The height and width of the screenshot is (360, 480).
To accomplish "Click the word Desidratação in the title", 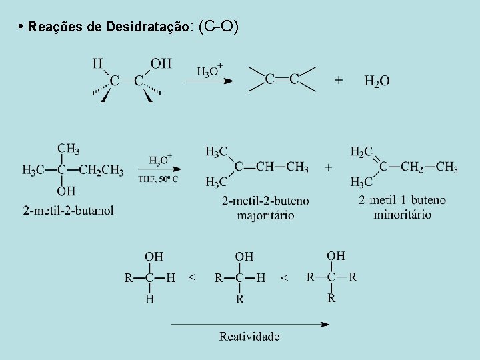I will [x=145, y=27].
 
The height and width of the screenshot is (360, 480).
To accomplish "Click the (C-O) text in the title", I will [x=219, y=27].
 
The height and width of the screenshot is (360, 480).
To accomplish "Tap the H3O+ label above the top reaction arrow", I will [x=209, y=70].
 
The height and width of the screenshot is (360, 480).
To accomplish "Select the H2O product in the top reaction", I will [x=377, y=81].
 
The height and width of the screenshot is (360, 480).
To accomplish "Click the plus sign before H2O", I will [x=339, y=80].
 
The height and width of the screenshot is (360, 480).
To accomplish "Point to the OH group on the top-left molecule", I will [x=161, y=64].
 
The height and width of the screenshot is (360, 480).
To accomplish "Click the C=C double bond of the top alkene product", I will [x=282, y=79].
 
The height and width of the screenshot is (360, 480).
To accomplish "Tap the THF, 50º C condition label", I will [x=158, y=179].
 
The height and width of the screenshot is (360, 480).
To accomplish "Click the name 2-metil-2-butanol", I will [x=68, y=211].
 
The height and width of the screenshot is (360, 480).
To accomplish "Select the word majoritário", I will [x=265, y=215].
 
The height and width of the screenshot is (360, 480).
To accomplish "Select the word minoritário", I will [x=402, y=214].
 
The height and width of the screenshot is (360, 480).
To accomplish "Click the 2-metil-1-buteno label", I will [x=402, y=200].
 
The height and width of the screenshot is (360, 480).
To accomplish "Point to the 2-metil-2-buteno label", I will [x=265, y=201].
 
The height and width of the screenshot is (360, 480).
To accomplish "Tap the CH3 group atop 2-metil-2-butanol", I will [x=68, y=149].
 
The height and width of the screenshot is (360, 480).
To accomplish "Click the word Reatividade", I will [x=249, y=337].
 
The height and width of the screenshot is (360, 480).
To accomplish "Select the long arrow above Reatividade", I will [x=249, y=325].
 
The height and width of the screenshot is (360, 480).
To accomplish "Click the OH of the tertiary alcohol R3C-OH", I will [x=335, y=255].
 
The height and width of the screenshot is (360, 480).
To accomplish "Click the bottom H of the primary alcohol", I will [x=149, y=299].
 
